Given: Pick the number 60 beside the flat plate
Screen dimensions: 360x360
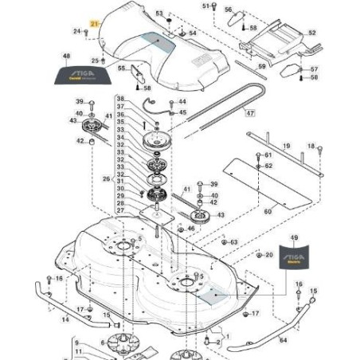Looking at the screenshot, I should click(268, 212).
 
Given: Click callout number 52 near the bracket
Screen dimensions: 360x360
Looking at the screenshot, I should click(311, 33).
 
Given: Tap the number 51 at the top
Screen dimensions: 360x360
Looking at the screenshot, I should click(204, 6).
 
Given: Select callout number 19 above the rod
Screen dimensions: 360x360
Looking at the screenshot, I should click(286, 146).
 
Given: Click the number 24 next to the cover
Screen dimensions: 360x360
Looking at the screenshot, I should click(77, 31).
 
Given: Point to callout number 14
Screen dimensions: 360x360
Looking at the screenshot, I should click(65, 319).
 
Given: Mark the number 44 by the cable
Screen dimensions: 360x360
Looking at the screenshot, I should click(182, 102).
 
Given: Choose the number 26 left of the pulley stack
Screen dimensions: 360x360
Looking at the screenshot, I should click(106, 179).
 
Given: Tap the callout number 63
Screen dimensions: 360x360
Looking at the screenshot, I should click(233, 241).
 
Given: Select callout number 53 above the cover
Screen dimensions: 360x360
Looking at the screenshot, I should click(158, 14).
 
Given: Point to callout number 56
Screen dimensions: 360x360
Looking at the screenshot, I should click(228, 10).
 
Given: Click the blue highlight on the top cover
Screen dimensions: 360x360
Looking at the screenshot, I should click(157, 42).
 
